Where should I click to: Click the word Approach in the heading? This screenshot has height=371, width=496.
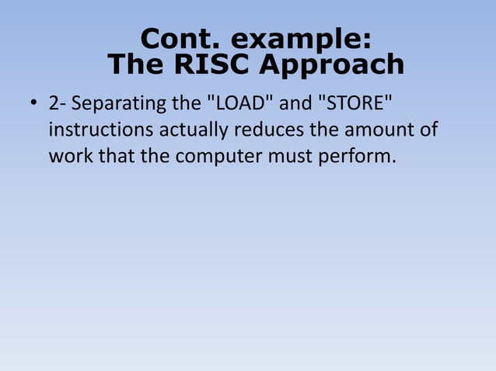pyautogui.click(x=332, y=64)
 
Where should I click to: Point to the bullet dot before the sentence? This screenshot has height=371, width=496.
pyautogui.click(x=33, y=103)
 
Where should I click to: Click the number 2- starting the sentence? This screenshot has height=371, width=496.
pyautogui.click(x=58, y=103)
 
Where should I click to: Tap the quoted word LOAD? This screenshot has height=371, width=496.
pyautogui.click(x=244, y=102)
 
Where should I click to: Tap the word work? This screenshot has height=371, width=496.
pyautogui.click(x=70, y=154)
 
